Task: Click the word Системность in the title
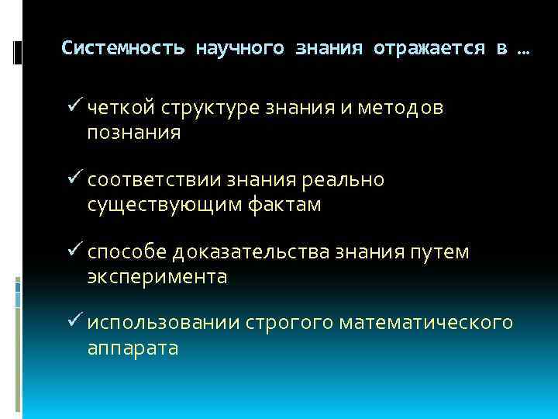tap(123, 48)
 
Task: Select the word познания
tap(133, 133)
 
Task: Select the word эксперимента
tap(157, 277)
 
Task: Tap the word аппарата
tap(133, 348)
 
